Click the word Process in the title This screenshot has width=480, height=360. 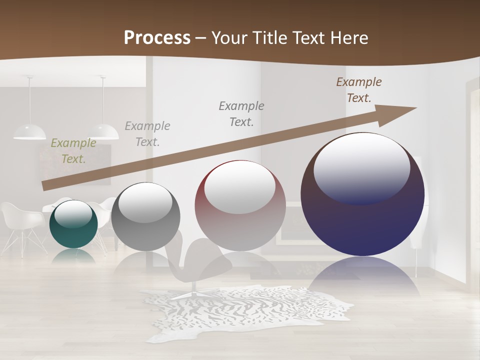(x=157, y=37)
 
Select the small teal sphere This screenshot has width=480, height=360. (x=73, y=225)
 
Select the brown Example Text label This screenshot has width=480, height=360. (x=359, y=90)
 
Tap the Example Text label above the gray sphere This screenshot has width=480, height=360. (x=147, y=133)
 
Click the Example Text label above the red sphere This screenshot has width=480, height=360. (x=241, y=113)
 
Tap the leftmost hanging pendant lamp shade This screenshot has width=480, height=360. (x=29, y=131)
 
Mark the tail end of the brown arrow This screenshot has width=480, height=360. (x=45, y=185)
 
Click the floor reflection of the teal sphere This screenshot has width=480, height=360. (x=73, y=255)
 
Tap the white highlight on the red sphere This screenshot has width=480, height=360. (x=240, y=186)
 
